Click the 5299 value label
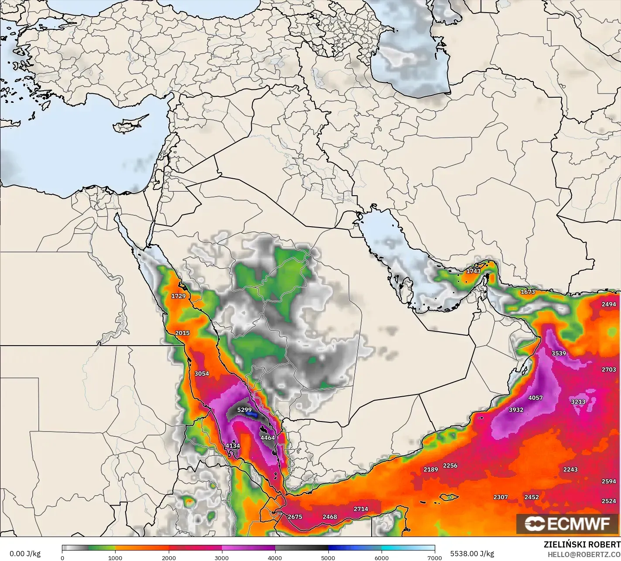244,410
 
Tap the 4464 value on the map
267,438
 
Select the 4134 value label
232,445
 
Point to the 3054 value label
201,374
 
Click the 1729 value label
178,296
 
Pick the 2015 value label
182,333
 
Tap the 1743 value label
473,271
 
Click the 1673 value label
528,292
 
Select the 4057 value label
536,398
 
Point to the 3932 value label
516,410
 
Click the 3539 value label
559,353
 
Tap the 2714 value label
361,509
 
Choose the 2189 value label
430,469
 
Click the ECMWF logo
567,524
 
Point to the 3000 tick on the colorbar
222,557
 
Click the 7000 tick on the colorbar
435,557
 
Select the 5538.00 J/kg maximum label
472,554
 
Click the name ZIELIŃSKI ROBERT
582,545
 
